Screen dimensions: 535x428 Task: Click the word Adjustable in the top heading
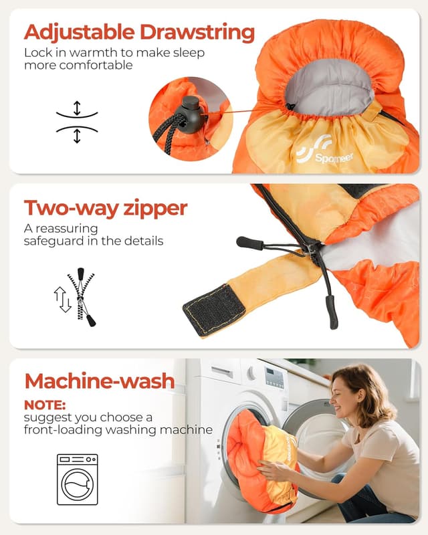(x=79, y=32)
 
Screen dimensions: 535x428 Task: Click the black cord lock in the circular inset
(x=191, y=112)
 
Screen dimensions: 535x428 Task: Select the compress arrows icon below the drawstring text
(x=77, y=122)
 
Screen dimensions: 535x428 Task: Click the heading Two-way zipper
(x=106, y=208)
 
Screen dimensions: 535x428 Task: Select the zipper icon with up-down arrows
(x=78, y=298)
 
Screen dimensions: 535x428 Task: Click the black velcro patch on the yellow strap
(x=214, y=309)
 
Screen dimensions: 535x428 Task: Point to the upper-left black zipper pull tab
(x=249, y=242)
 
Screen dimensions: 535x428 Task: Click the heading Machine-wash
(x=100, y=381)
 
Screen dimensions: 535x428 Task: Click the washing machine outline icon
(x=77, y=479)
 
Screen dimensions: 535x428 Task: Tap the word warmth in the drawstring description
(x=80, y=52)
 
